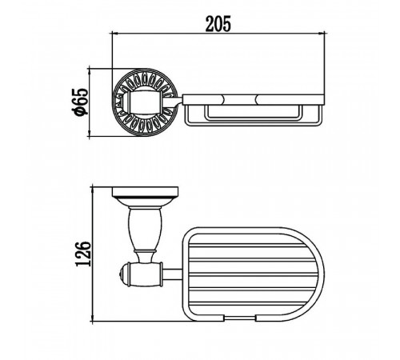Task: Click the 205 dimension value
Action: pos(218,24)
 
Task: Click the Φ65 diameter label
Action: pos(81,102)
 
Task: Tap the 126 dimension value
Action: pos(83,254)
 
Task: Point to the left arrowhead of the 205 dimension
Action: pos(114,34)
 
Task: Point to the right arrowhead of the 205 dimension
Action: pos(322,34)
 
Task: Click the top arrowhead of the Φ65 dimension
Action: pos(90,71)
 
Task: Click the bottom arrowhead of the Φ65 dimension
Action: pos(90,134)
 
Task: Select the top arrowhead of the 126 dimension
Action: pos(93,190)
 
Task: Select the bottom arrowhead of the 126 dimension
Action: pos(93,318)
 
